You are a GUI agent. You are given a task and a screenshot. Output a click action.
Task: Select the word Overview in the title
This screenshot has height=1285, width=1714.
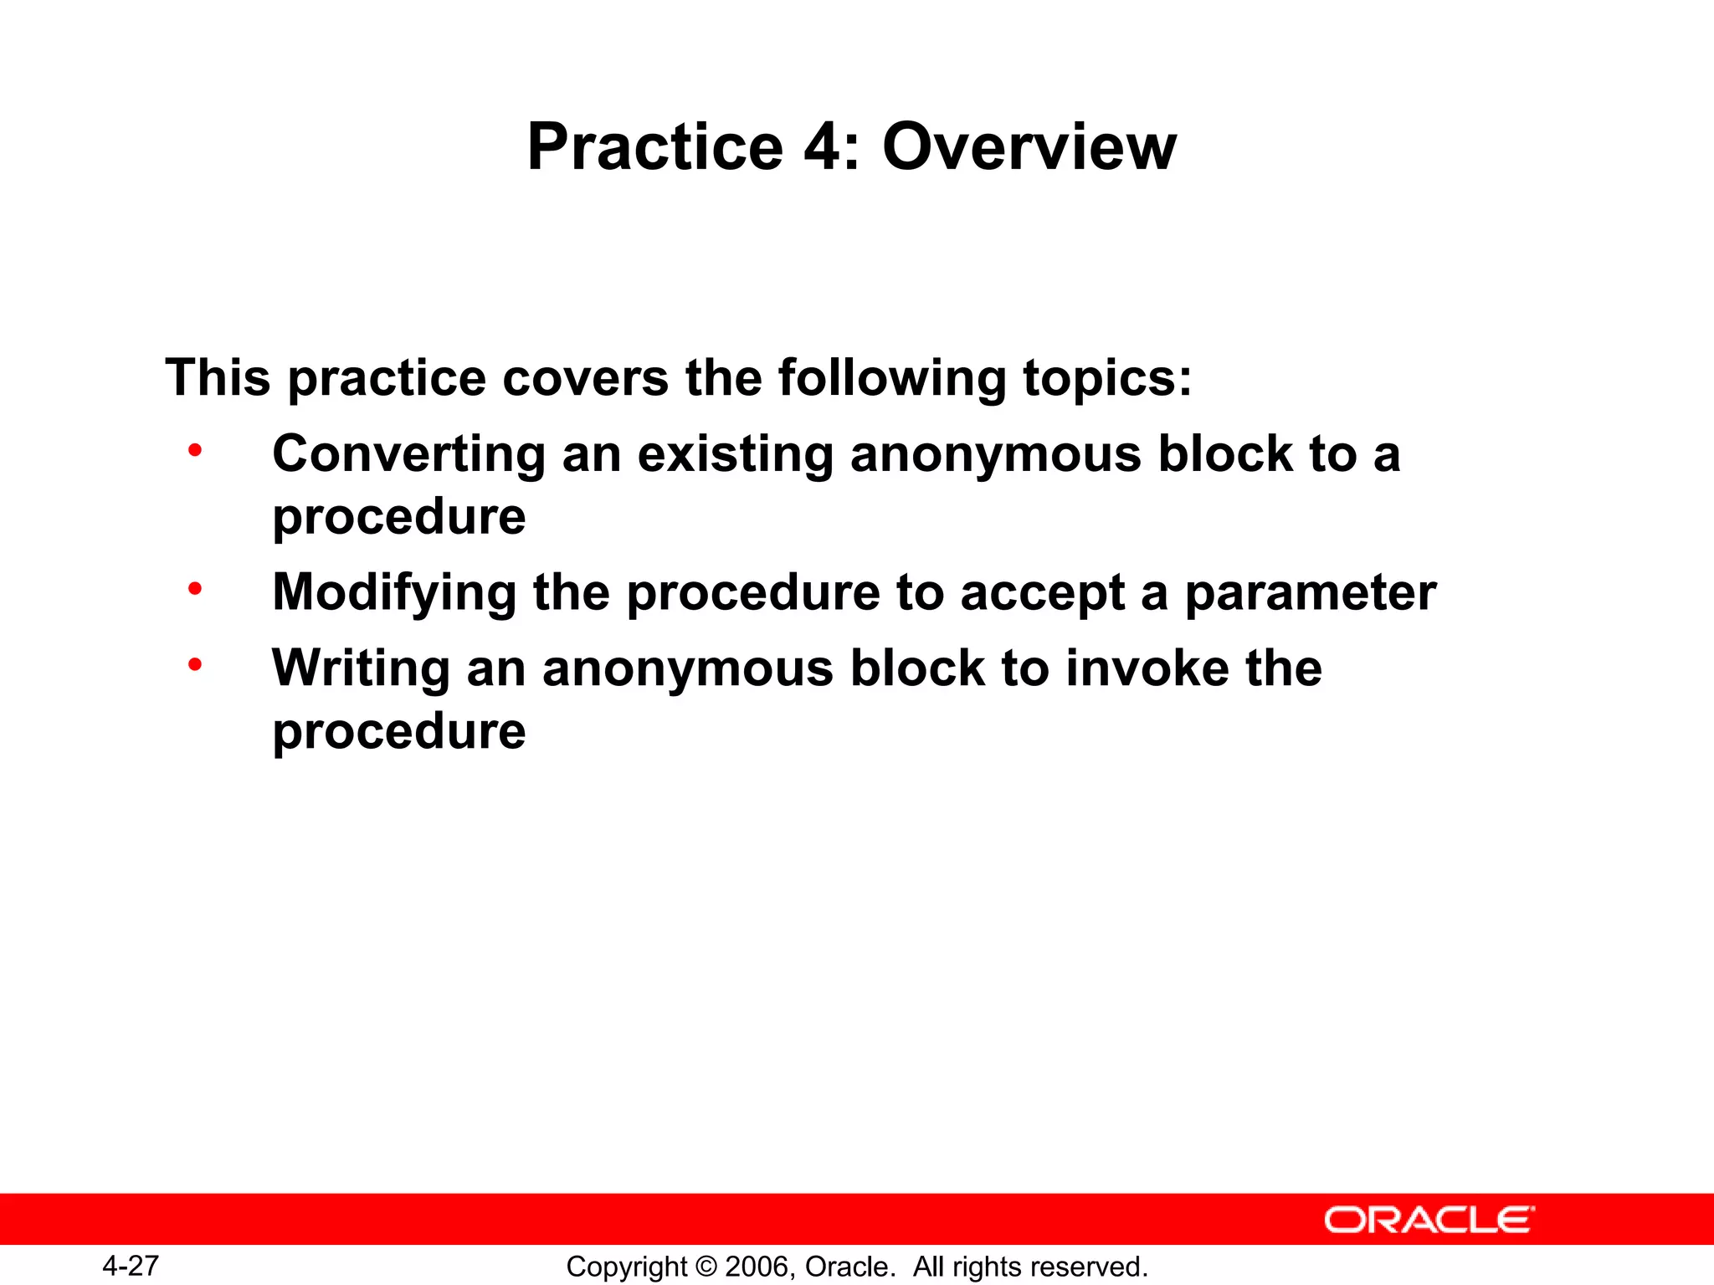coord(1029,147)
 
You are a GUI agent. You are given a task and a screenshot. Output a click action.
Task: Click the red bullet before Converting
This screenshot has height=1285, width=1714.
coord(195,451)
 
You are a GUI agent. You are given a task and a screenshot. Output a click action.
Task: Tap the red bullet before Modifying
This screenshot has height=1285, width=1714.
coord(195,590)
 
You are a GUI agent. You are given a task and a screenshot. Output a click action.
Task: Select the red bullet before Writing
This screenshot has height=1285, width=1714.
coord(195,666)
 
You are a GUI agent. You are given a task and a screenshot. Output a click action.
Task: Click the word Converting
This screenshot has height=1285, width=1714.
coord(408,456)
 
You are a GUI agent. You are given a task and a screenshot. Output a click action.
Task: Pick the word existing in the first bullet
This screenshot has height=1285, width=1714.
coord(736,456)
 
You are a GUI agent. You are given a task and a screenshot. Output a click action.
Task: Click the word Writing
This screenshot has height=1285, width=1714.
coord(362,670)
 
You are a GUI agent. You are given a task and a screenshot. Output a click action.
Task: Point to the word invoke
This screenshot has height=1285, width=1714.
coord(1147,670)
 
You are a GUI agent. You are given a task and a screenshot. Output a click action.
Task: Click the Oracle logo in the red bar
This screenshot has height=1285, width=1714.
coord(1429,1220)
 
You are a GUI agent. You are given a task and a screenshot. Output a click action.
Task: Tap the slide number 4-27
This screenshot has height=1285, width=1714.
coord(131,1266)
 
